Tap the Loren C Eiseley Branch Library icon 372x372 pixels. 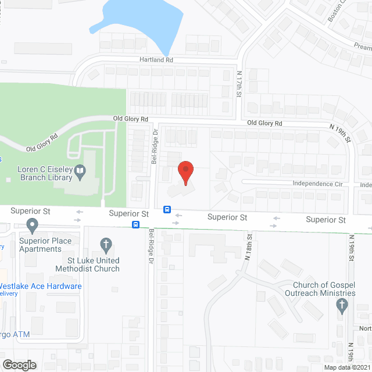point(81,171)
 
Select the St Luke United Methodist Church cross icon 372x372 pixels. point(105,244)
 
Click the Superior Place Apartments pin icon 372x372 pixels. point(32,224)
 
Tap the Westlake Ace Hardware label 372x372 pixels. point(40,286)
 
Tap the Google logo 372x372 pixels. point(19,364)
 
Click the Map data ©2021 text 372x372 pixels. point(346,367)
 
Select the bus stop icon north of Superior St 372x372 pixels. point(167,209)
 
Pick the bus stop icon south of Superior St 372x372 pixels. point(135,224)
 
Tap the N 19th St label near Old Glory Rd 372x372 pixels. point(341,133)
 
